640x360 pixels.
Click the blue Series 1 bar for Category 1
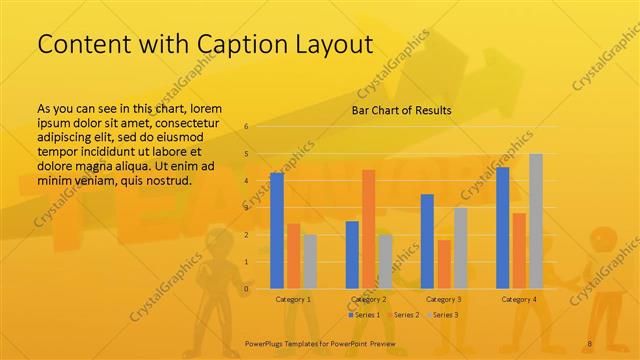coord(277,230)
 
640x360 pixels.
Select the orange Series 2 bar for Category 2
coord(368,229)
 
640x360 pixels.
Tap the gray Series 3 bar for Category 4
coord(536,221)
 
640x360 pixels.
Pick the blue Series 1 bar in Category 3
coord(427,241)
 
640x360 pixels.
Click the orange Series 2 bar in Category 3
coord(443,264)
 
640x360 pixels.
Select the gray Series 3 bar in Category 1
coord(310,261)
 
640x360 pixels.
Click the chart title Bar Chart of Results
coord(401,110)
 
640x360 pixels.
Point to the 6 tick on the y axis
coord(246,127)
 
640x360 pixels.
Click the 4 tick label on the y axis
coord(246,181)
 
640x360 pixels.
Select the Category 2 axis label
coord(368,299)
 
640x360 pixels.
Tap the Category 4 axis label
coord(518,299)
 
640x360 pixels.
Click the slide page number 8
coord(590,344)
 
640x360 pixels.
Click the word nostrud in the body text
coord(161,180)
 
